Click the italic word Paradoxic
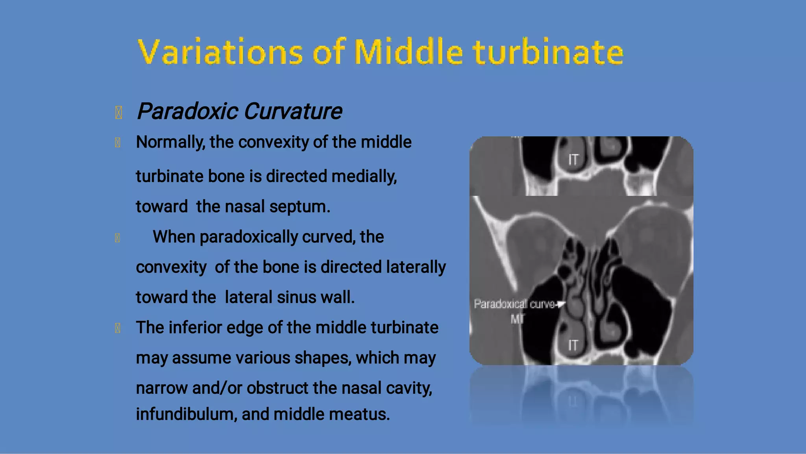(187, 111)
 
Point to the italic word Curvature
(293, 111)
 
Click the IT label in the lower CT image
(573, 346)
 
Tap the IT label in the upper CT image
(573, 160)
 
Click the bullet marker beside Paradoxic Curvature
(118, 113)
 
